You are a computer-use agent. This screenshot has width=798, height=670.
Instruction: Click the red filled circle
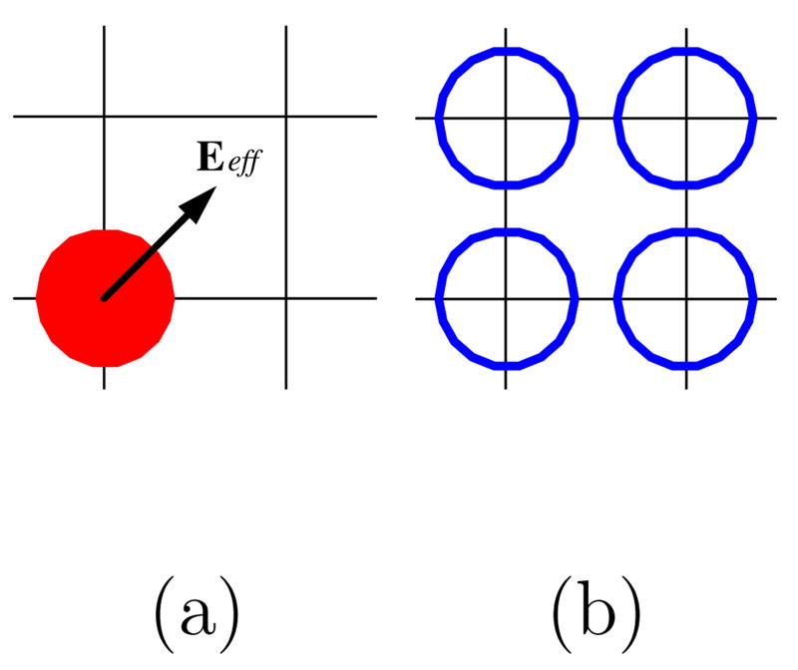click(x=105, y=297)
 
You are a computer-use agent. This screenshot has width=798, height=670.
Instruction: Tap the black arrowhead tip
click(x=215, y=187)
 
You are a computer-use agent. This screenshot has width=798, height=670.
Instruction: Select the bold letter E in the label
click(x=209, y=160)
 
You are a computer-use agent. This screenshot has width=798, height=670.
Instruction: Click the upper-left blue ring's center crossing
click(x=506, y=118)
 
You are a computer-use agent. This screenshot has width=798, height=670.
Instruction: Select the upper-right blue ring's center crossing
click(x=686, y=118)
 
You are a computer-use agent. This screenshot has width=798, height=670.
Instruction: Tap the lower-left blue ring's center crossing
click(x=506, y=298)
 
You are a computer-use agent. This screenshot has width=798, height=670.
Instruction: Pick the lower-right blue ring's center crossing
click(x=686, y=298)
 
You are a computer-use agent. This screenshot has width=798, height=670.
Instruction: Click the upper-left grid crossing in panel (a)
click(x=105, y=117)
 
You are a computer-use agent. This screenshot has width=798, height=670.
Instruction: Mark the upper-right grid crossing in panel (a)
click(x=287, y=117)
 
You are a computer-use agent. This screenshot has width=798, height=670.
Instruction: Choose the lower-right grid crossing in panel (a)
click(x=287, y=298)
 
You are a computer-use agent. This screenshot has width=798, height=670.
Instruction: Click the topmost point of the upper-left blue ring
click(x=506, y=50)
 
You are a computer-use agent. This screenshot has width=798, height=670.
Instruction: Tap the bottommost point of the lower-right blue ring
click(x=686, y=365)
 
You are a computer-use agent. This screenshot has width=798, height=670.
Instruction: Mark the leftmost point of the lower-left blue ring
click(x=439, y=298)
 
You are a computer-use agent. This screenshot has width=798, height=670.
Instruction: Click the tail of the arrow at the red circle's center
click(x=105, y=297)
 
